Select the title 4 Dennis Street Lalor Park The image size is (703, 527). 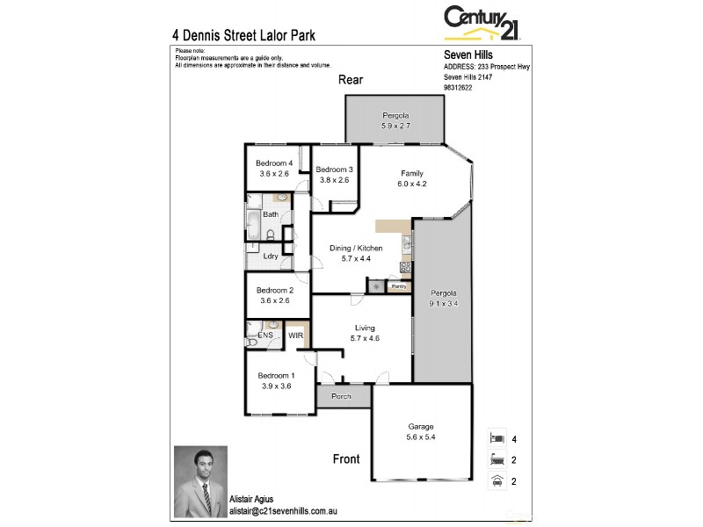[243, 36]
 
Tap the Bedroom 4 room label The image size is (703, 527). [273, 163]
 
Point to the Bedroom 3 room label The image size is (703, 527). [334, 170]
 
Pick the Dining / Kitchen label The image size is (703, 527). [356, 249]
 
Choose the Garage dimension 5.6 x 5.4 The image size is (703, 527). [420, 437]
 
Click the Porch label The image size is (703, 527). [341, 397]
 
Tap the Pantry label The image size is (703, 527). [398, 286]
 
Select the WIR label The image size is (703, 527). [295, 336]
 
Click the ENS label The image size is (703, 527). [265, 336]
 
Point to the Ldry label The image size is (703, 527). [271, 256]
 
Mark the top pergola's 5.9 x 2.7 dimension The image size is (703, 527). [395, 126]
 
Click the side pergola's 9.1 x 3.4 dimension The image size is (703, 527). [444, 303]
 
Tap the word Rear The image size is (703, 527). [351, 80]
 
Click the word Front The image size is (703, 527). [347, 458]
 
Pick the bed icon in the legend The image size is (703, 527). [496, 437]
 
